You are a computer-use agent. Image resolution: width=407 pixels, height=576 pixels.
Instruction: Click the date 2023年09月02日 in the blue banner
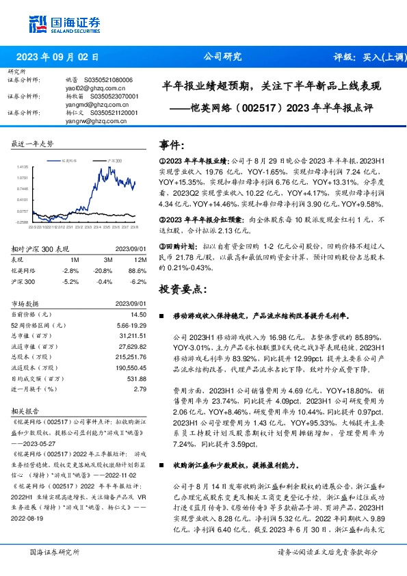(x=57, y=57)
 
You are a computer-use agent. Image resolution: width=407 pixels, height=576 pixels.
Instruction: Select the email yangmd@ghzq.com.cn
(x=92, y=105)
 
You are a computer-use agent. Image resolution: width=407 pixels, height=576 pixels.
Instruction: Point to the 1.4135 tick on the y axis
(x=23, y=166)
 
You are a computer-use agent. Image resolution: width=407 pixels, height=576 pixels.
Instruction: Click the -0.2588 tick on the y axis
(x=23, y=222)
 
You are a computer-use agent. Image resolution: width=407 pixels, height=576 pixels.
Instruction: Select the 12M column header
(x=141, y=260)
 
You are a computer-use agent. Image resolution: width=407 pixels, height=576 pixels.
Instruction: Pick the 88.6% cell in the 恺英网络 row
(x=139, y=270)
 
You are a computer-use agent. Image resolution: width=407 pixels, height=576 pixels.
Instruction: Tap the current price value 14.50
(x=140, y=313)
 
